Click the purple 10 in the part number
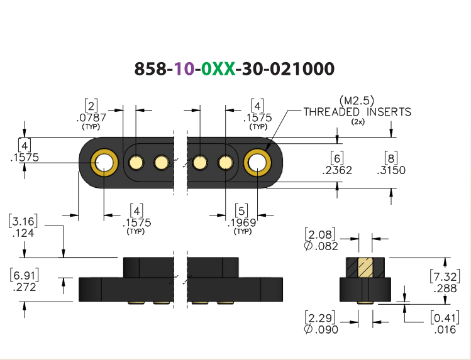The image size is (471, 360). [x=184, y=68]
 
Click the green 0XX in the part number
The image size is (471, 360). [x=218, y=68]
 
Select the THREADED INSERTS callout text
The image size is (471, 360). [x=357, y=112]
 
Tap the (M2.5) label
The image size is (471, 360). [x=357, y=100]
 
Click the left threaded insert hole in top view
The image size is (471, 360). [x=104, y=163]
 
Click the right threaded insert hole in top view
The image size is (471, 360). [x=257, y=163]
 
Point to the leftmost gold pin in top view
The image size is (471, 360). [x=136, y=163]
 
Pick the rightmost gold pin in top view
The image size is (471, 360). [x=225, y=163]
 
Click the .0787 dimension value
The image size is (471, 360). [x=91, y=117]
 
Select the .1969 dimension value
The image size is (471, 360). [x=242, y=222]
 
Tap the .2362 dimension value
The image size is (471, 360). [x=337, y=170]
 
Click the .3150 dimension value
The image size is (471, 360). [x=391, y=170]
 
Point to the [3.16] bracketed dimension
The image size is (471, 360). [x=23, y=221]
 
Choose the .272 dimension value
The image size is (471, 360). [x=25, y=287]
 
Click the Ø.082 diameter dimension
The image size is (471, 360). [x=321, y=246]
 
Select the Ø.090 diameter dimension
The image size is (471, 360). [x=321, y=329]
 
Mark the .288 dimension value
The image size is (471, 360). [x=445, y=288]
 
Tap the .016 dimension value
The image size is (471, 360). [x=445, y=329]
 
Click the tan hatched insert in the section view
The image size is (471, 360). [x=365, y=267]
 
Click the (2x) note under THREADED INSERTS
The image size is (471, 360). [x=358, y=122]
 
